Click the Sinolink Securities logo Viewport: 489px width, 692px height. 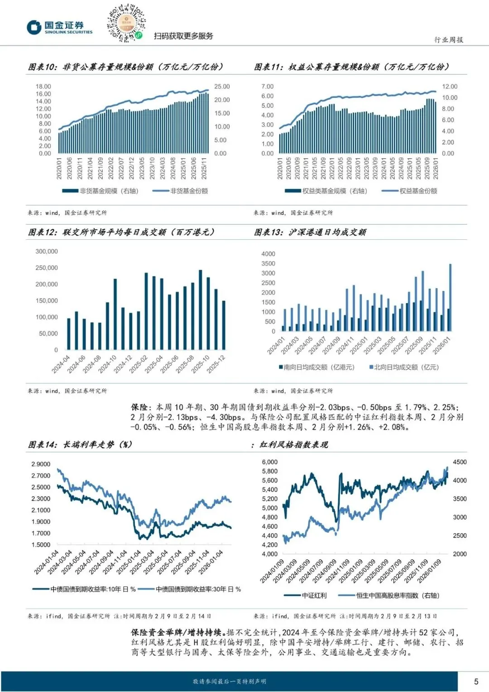click(59, 27)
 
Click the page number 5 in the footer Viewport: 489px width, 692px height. click(476, 681)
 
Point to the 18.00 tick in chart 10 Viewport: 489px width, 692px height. click(43, 87)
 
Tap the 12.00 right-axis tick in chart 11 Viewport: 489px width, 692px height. click(450, 87)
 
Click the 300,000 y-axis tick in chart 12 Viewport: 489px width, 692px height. click(47, 252)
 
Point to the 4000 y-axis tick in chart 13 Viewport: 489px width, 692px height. click(268, 254)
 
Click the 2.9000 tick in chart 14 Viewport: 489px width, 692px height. click(41, 464)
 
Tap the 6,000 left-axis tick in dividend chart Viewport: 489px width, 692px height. click(270, 462)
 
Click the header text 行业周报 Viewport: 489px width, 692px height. click(449, 40)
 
